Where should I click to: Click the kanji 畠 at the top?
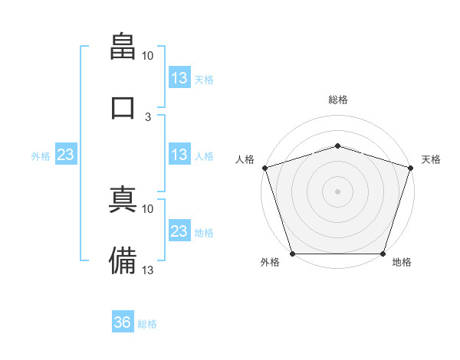click(x=123, y=46)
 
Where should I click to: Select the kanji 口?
click(x=123, y=108)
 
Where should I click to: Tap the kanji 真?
click(x=123, y=199)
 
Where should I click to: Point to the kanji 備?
click(x=123, y=260)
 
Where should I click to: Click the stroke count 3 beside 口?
click(x=148, y=117)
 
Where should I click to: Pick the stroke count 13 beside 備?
click(x=147, y=270)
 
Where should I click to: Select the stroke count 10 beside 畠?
click(x=147, y=56)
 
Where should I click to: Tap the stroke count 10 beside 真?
click(x=147, y=209)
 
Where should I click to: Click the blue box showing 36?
click(x=123, y=321)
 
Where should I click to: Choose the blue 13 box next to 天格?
click(x=179, y=77)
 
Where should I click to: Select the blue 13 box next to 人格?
click(x=179, y=154)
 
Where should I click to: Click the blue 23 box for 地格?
click(x=179, y=230)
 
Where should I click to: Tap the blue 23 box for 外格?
click(x=66, y=154)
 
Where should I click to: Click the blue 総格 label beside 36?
click(x=147, y=324)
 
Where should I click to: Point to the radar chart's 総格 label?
click(x=338, y=100)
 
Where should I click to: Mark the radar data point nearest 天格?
click(x=411, y=168)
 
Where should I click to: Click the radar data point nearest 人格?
click(x=265, y=168)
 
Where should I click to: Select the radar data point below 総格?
click(x=337, y=146)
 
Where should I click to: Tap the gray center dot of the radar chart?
click(x=337, y=191)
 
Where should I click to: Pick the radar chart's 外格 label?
click(x=270, y=262)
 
